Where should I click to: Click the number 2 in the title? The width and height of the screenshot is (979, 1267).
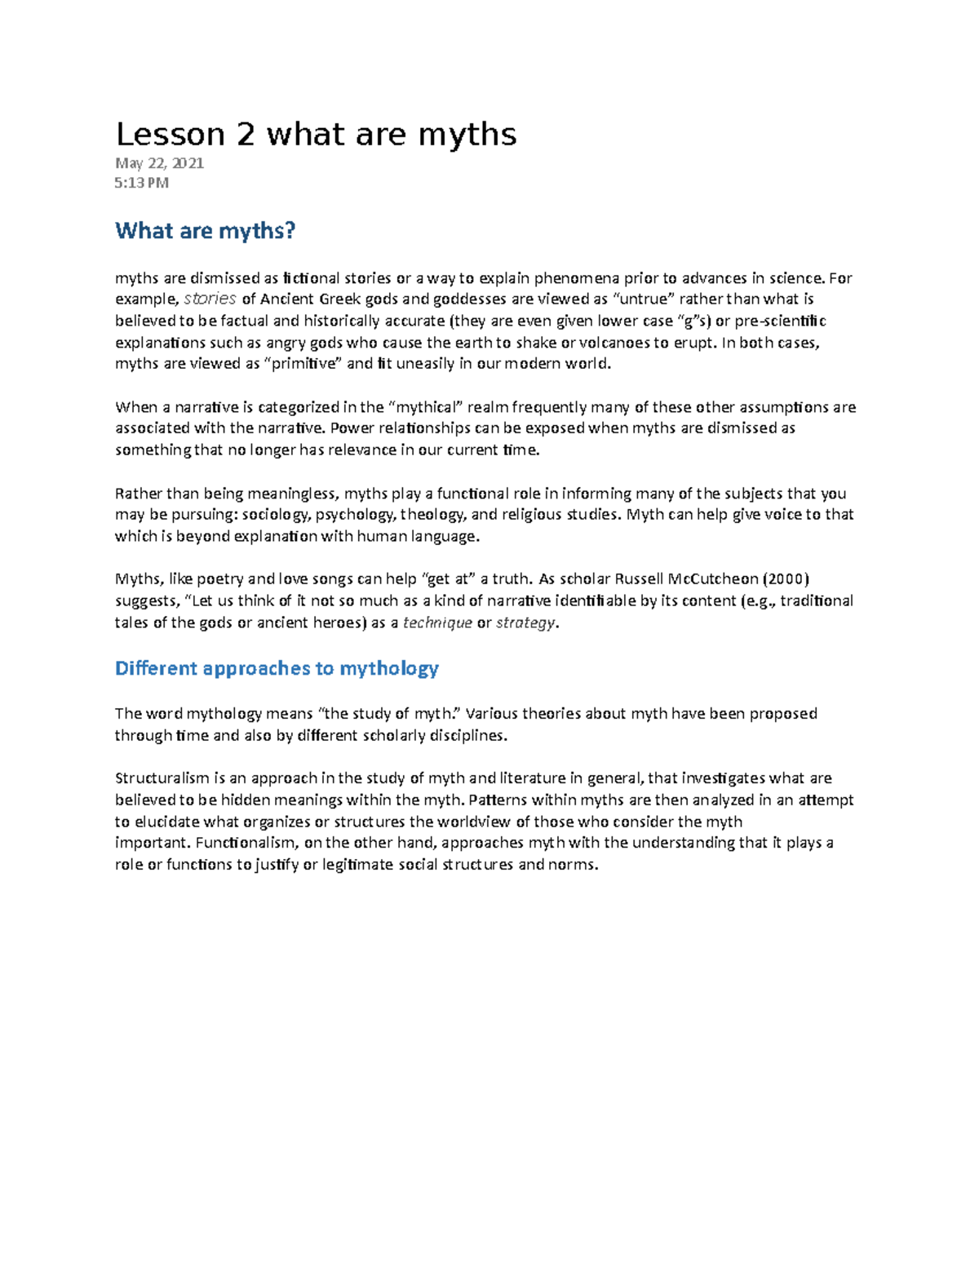(245, 135)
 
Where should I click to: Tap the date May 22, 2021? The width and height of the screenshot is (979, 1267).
(159, 163)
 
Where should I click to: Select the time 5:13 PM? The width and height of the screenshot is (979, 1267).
(142, 183)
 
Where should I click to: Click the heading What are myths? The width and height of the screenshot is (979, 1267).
(205, 231)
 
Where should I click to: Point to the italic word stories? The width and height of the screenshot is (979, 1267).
(210, 299)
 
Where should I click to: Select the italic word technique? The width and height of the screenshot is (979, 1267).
(437, 622)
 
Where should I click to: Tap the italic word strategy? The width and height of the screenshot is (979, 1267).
(526, 622)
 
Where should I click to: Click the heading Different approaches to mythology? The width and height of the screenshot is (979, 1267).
(277, 668)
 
